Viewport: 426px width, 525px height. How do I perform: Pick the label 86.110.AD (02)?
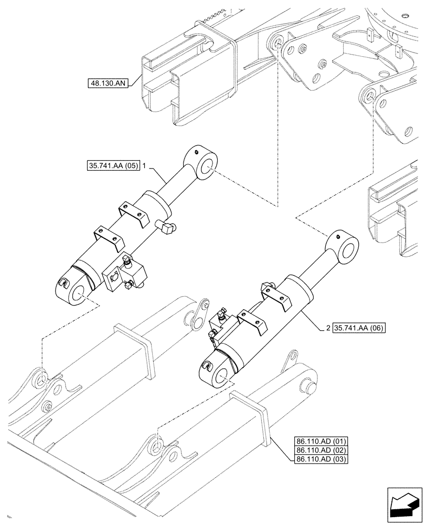click(x=319, y=449)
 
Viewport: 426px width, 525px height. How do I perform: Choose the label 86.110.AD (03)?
click(x=319, y=459)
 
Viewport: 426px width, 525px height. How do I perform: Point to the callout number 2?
click(x=327, y=328)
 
